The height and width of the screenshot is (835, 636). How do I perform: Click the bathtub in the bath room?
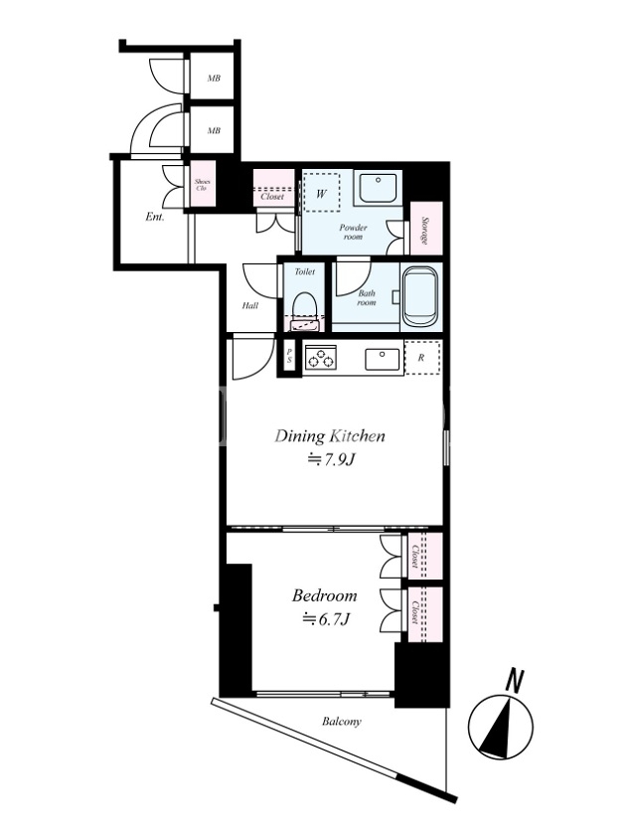422,297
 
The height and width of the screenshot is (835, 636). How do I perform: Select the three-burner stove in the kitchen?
320,357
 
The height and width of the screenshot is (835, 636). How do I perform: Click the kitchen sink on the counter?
383,359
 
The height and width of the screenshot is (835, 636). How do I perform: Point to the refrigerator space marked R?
422,358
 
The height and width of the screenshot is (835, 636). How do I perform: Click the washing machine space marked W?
321,193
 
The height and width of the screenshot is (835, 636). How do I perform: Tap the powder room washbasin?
378,189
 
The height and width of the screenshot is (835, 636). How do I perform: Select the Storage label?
425,230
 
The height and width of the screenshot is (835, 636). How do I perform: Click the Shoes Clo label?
202,185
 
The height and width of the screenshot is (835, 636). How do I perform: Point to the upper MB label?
214,79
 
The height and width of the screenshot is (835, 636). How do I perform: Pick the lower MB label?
214,130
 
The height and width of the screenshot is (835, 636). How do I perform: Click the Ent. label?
155,218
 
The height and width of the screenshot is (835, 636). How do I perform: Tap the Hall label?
250,306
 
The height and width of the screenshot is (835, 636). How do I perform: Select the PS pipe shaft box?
289,356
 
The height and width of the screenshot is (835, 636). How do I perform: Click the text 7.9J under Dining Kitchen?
331,458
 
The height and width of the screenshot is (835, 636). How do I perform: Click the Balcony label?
342,722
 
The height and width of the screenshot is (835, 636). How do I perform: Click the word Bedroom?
325,594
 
